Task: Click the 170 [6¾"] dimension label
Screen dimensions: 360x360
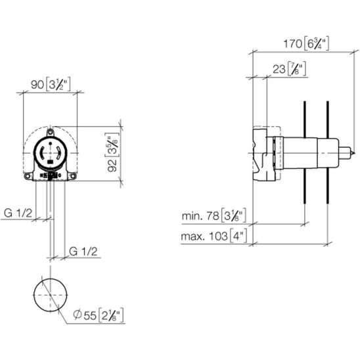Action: click(306, 43)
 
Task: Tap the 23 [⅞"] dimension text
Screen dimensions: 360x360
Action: click(289, 68)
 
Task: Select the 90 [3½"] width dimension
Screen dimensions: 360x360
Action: click(51, 84)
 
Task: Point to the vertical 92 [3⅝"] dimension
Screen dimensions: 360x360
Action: click(112, 152)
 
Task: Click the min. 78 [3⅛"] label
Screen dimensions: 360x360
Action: click(214, 215)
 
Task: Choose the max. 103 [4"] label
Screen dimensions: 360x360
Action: click(214, 236)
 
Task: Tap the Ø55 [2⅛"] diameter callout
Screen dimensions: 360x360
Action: click(99, 315)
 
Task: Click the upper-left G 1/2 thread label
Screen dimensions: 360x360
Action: click(18, 214)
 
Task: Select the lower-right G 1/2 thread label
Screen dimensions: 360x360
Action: click(83, 252)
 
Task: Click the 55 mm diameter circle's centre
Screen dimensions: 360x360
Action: click(51, 295)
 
